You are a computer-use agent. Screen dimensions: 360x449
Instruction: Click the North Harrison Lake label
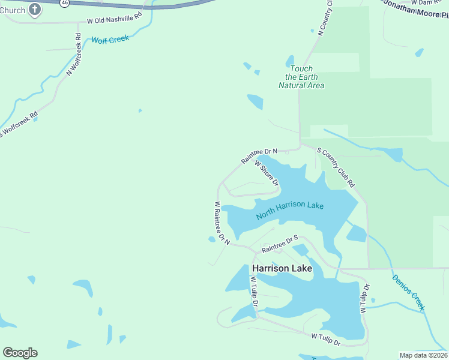(289, 210)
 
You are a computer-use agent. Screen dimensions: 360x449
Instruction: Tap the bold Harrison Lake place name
(282, 268)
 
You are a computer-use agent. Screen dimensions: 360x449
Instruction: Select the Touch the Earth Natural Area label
(301, 77)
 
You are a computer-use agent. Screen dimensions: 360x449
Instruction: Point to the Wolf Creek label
(110, 40)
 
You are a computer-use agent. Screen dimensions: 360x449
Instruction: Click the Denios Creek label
(408, 292)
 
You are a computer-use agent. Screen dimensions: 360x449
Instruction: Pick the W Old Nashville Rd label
(114, 20)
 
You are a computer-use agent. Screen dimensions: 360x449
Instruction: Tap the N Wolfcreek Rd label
(74, 54)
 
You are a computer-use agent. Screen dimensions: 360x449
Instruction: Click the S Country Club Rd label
(336, 169)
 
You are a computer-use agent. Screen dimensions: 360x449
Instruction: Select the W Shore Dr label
(266, 173)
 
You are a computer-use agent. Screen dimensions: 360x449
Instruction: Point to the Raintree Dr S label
(280, 243)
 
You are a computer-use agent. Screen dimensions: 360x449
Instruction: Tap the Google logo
(20, 353)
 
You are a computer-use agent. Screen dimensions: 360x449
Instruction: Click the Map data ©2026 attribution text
(423, 355)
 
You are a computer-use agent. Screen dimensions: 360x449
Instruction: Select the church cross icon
(35, 9)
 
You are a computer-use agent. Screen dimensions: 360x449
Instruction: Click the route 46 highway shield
(64, 2)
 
